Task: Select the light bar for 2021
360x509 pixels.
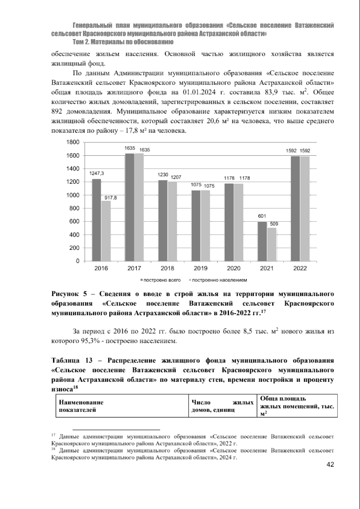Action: point(271,244)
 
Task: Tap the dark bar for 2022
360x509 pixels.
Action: point(295,209)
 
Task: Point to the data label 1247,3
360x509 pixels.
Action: point(97,173)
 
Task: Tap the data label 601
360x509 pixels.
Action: point(262,216)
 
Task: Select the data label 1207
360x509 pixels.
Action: point(176,177)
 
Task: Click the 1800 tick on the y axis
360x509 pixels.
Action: point(73,142)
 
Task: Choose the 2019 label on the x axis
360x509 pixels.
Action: point(200,269)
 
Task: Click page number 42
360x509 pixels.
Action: point(330,465)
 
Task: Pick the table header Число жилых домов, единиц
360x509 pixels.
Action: point(222,406)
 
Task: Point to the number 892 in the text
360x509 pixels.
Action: point(57,111)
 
